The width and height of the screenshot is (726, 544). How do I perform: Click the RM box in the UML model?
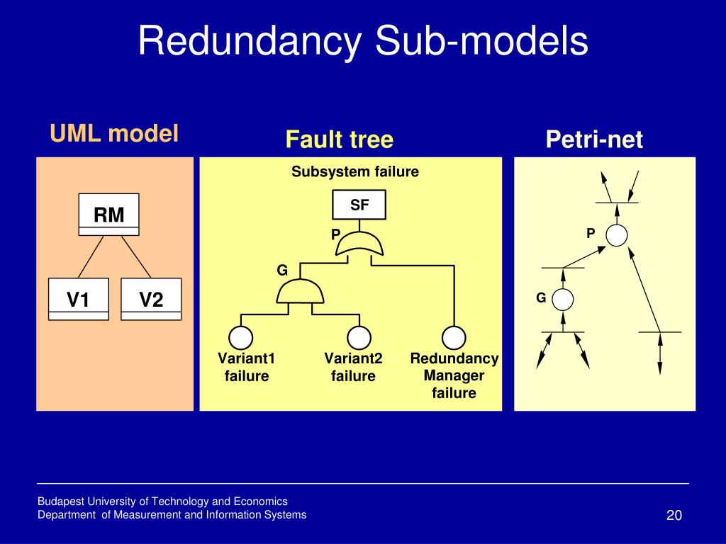(x=108, y=215)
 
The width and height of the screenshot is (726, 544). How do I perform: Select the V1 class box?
(x=79, y=300)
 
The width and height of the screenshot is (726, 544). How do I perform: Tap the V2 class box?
(x=151, y=300)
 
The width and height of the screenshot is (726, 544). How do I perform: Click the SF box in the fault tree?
(x=359, y=205)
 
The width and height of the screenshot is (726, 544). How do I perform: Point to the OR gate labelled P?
(x=359, y=244)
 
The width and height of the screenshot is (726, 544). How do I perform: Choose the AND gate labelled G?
(x=300, y=292)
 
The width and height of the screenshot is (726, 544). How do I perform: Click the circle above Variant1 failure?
(x=241, y=337)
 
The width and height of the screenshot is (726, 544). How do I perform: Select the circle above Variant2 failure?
(x=359, y=337)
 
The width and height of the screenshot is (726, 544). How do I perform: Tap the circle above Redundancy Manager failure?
(x=454, y=337)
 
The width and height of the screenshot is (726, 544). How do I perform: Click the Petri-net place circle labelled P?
(x=617, y=235)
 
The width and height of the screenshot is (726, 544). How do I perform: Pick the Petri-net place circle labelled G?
(x=563, y=300)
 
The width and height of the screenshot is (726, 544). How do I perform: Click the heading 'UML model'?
(x=114, y=133)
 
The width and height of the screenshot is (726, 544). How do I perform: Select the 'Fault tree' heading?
(x=340, y=140)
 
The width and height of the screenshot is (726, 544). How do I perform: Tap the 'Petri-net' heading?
(x=595, y=140)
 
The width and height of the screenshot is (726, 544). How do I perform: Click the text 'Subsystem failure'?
(x=355, y=171)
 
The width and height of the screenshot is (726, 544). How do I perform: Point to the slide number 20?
(x=674, y=515)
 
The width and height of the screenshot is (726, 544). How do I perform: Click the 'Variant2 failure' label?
(x=353, y=367)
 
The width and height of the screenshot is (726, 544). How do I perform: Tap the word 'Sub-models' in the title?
(x=481, y=40)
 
